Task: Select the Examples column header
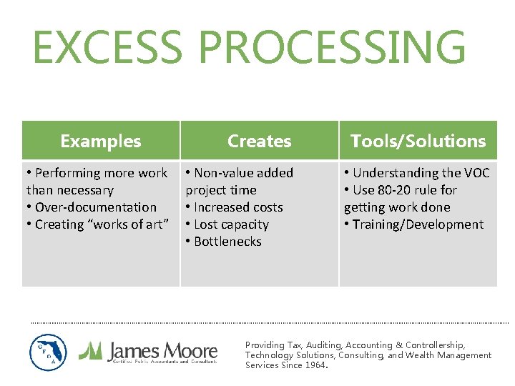(x=101, y=141)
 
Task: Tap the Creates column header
(x=259, y=141)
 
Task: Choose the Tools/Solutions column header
(x=418, y=141)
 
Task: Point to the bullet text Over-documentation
(x=95, y=207)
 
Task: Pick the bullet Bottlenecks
(x=227, y=242)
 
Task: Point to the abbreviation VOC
(x=476, y=173)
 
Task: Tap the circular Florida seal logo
(x=48, y=352)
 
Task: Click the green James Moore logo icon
(x=90, y=350)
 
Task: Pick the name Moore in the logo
(x=190, y=350)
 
